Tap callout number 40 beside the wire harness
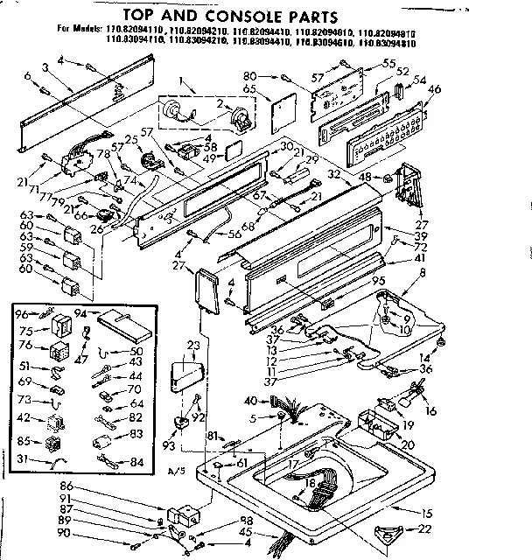[250, 401]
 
